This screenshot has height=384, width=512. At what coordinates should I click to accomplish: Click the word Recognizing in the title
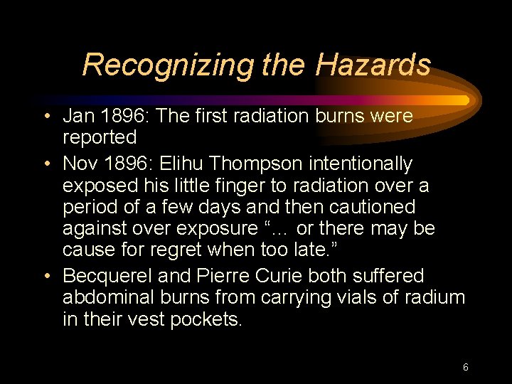[x=167, y=65]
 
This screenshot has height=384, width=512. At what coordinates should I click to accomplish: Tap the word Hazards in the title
[x=373, y=65]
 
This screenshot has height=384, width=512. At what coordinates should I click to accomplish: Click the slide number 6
[x=465, y=368]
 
